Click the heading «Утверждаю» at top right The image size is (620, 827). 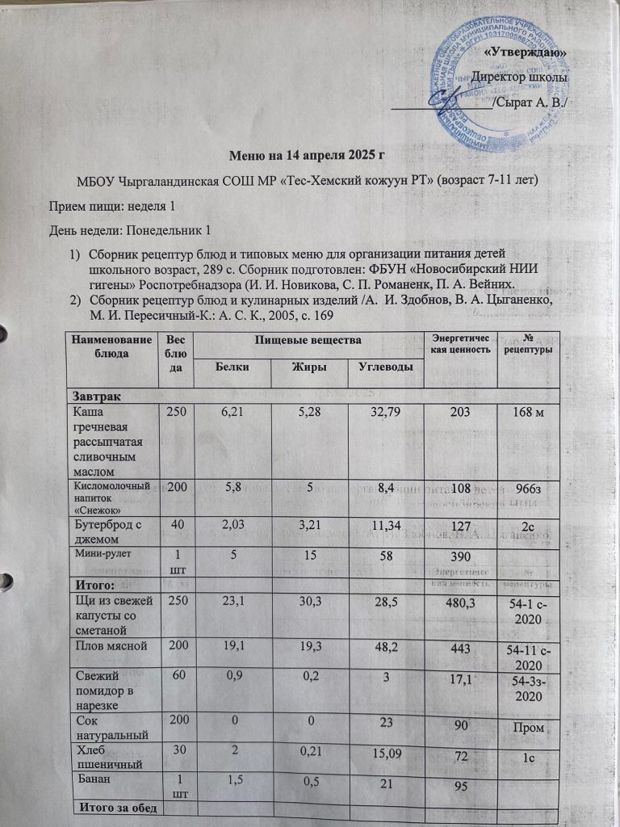tap(529, 52)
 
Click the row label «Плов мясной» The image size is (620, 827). tap(110, 646)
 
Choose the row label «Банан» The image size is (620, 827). tap(98, 780)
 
